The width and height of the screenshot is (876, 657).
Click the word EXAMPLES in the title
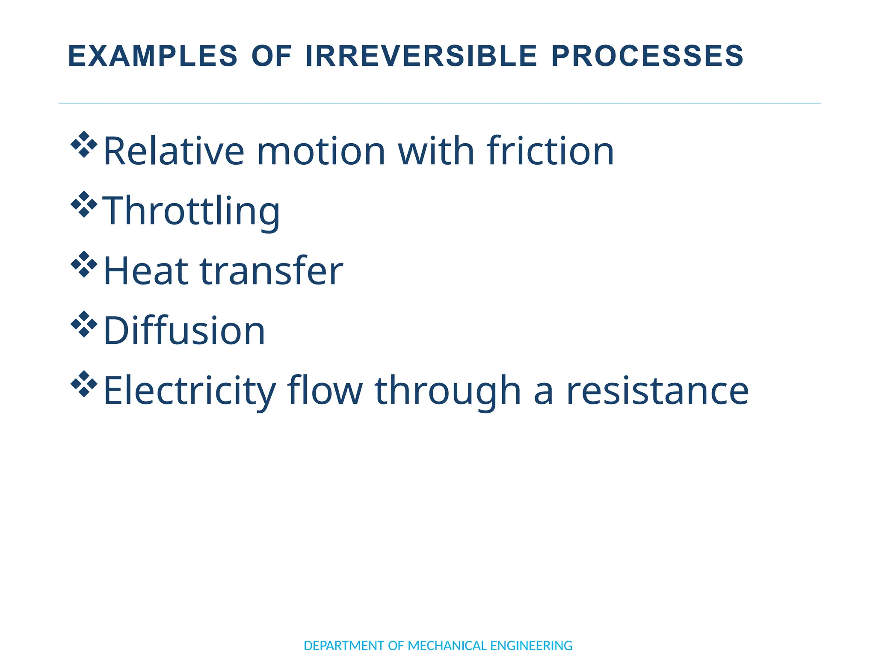pyautogui.click(x=152, y=56)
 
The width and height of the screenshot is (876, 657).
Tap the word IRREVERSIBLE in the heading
pyautogui.click(x=421, y=56)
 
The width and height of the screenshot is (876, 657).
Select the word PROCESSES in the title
pyautogui.click(x=648, y=56)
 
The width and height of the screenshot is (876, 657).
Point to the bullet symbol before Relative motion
pyautogui.click(x=84, y=145)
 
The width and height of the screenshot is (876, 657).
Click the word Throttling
pyautogui.click(x=191, y=210)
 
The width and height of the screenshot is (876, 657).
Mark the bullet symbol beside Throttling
pyautogui.click(x=84, y=204)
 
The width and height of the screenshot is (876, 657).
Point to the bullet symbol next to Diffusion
pyautogui.click(x=84, y=324)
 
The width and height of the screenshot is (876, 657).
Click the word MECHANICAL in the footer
pyautogui.click(x=447, y=645)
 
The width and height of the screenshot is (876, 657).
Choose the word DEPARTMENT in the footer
pyautogui.click(x=344, y=645)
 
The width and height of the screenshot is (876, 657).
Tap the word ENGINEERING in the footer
pyautogui.click(x=531, y=645)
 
